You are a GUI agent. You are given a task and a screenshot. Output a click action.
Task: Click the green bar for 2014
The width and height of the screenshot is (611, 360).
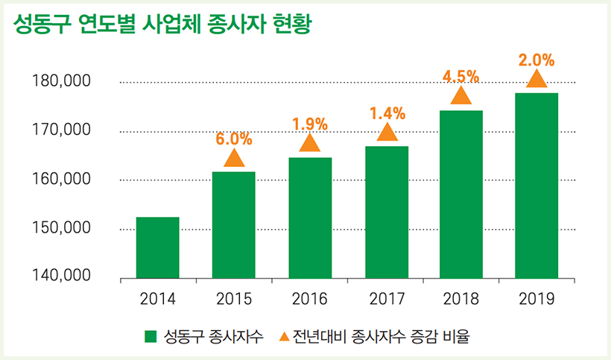157,247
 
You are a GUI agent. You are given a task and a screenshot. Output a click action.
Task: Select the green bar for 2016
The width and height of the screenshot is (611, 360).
309,218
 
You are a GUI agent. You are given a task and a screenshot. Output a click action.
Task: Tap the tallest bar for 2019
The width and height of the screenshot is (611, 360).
536,186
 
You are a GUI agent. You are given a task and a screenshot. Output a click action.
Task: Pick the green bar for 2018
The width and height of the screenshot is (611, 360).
461,194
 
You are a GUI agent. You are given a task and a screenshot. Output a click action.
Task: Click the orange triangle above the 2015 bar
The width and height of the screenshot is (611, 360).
234,158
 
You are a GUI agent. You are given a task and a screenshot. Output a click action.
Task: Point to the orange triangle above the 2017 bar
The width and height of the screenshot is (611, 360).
387,133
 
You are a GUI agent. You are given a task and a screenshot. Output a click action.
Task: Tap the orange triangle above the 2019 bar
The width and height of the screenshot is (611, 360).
536,79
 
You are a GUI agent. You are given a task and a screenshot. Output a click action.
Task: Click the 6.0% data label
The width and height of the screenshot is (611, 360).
234,139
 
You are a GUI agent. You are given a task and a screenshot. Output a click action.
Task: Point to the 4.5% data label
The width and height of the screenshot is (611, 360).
460,76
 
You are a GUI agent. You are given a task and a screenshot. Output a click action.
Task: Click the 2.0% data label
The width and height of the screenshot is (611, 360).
536,60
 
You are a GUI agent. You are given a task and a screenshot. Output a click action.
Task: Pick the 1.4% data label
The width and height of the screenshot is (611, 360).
387,113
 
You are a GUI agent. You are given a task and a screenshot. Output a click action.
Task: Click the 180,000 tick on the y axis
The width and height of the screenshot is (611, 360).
62,81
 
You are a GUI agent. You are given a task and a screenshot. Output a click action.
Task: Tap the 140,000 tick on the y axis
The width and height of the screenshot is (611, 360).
62,277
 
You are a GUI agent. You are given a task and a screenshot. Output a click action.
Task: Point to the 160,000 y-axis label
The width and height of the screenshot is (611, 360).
62,179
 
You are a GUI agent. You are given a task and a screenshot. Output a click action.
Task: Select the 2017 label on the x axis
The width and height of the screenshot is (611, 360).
386,300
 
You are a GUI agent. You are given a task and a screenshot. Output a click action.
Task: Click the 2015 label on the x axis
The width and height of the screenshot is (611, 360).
234,300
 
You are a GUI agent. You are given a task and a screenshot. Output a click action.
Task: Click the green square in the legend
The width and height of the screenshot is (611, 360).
151,336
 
